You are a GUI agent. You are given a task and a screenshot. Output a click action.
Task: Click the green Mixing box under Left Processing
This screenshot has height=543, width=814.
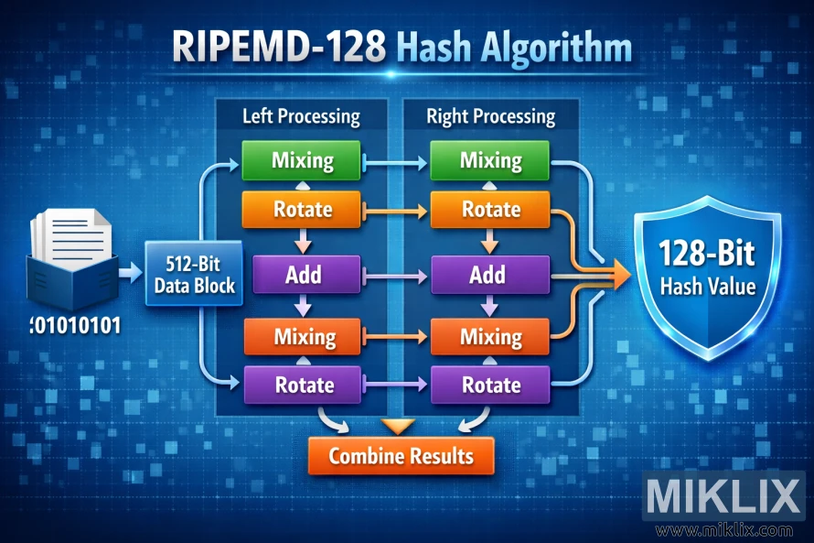(302, 161)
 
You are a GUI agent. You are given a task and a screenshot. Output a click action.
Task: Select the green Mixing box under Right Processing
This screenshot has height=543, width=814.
(489, 161)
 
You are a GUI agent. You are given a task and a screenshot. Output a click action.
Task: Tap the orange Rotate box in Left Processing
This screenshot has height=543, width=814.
(302, 210)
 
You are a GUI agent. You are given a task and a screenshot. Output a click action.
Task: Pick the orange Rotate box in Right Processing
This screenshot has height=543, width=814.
(489, 210)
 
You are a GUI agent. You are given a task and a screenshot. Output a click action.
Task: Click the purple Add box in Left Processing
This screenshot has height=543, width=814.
(302, 275)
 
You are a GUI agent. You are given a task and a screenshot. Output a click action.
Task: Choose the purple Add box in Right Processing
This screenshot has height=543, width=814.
(489, 275)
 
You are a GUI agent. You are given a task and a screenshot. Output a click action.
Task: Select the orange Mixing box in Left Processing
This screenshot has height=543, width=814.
(302, 337)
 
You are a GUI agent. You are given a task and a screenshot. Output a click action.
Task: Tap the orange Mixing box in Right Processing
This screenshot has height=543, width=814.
(489, 337)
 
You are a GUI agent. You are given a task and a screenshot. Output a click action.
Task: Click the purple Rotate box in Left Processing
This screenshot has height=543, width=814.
(302, 385)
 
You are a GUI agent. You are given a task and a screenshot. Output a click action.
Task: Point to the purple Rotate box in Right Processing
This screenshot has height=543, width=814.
(489, 385)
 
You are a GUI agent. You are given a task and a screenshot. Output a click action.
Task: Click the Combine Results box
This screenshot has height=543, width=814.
(401, 455)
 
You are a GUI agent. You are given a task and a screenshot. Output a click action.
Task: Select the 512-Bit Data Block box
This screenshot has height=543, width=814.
(193, 275)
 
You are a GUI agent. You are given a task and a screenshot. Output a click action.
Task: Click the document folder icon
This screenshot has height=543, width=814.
(73, 255)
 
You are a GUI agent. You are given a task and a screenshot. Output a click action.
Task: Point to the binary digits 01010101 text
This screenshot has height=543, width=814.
(74, 325)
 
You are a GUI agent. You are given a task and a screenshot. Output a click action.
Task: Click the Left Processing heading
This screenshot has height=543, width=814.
(300, 117)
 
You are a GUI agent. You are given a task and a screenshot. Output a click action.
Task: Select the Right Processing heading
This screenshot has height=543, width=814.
(490, 117)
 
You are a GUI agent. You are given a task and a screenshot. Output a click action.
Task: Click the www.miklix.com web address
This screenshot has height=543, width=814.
(724, 529)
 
